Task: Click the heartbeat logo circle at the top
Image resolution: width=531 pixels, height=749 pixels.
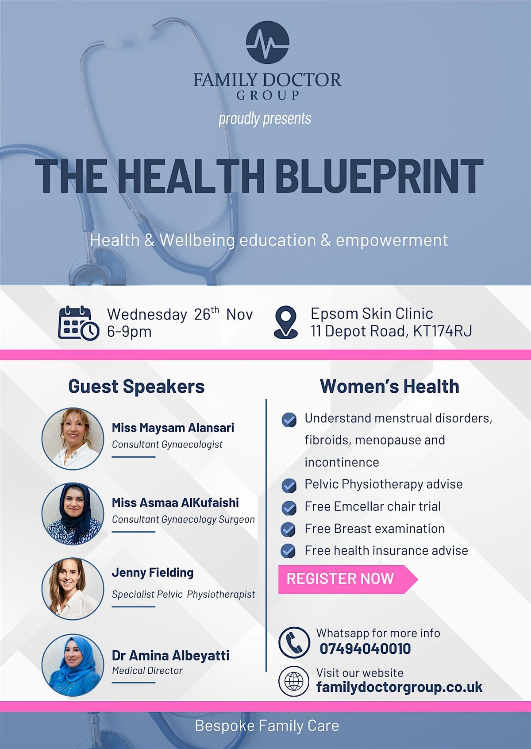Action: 267,42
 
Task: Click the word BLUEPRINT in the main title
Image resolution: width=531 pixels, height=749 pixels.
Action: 379,176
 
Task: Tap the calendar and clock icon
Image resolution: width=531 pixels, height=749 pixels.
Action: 78,323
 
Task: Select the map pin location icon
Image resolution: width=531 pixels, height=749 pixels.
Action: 286,322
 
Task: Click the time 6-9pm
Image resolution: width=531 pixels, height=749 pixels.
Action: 129,332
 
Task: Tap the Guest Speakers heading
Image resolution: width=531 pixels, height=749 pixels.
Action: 136,386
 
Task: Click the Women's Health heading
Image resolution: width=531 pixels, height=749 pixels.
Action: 389,386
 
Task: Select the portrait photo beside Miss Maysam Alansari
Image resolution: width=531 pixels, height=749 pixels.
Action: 73,439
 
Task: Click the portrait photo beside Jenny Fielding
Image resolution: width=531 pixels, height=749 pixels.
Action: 73,589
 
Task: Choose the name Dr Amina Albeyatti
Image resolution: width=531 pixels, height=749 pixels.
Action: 170,655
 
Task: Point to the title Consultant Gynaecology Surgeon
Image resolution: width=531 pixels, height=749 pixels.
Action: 183,519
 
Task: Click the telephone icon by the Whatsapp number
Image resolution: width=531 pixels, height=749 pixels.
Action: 294,642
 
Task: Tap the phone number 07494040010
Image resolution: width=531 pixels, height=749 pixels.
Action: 365,649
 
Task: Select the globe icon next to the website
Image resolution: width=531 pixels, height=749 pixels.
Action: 294,681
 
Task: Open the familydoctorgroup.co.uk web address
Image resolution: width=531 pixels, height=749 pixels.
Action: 399,687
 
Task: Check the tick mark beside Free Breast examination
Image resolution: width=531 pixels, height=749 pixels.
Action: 289,529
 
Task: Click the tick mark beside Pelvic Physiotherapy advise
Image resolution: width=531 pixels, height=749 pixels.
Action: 289,485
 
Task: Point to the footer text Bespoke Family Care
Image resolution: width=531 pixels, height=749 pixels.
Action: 267,726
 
